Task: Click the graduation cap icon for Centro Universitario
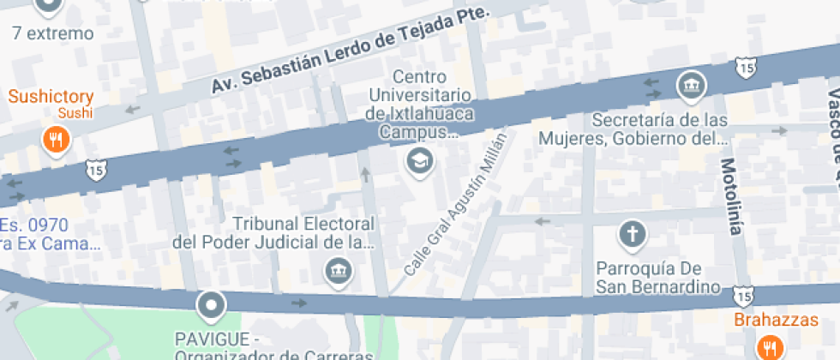point(419,159)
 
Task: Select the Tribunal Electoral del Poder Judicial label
point(273,233)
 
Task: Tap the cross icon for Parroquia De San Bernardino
point(632,234)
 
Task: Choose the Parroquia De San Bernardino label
point(657,276)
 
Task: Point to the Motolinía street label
point(729,196)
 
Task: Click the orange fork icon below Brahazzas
point(769,348)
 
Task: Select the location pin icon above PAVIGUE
point(210,304)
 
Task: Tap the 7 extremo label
point(53,34)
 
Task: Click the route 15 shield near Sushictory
point(93,171)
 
